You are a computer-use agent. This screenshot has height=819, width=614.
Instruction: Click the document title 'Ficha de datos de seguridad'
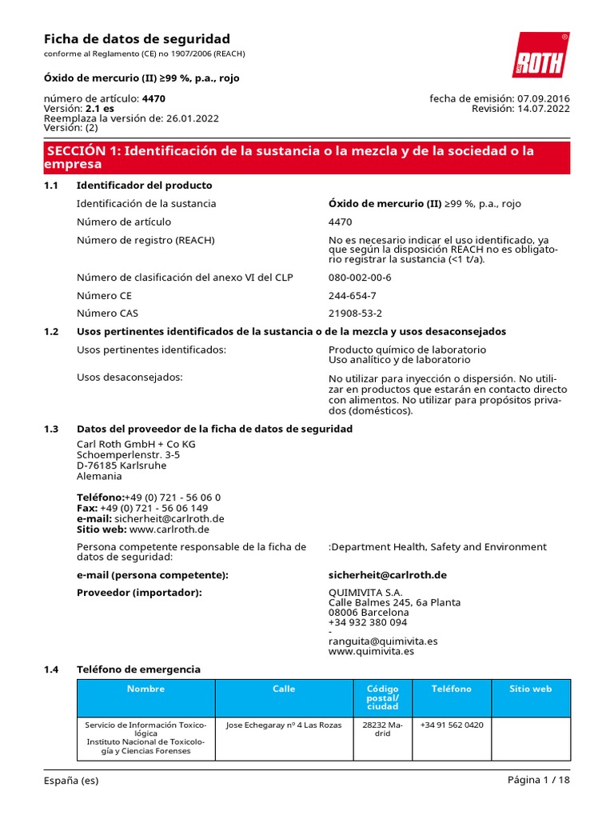[x=137, y=38]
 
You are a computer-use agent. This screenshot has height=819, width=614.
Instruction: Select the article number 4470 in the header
[x=153, y=98]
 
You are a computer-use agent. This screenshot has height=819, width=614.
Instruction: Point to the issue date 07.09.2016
[x=544, y=98]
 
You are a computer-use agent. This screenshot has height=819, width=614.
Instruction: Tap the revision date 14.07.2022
[x=544, y=109]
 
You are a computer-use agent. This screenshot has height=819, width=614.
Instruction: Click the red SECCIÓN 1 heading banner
[x=307, y=158]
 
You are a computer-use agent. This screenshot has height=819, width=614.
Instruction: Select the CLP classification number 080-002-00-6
[x=360, y=278]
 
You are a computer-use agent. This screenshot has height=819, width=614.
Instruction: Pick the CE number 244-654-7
[x=352, y=295]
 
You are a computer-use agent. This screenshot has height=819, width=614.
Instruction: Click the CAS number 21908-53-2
[x=355, y=314]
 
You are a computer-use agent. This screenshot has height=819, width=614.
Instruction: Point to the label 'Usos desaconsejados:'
[x=130, y=376]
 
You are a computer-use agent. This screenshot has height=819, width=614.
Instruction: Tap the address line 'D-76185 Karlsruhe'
[x=122, y=465]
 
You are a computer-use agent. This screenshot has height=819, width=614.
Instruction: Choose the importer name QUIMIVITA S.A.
[x=365, y=592]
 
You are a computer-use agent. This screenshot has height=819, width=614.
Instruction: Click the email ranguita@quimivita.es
[x=383, y=641]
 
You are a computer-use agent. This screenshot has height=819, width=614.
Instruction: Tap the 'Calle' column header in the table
[x=284, y=689]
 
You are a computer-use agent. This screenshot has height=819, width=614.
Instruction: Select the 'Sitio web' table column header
[x=531, y=689]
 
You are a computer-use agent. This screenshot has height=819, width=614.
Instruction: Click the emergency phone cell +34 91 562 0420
[x=451, y=725]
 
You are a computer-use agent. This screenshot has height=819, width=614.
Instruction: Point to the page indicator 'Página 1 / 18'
[x=539, y=780]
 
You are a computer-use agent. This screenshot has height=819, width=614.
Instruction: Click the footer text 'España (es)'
[x=71, y=780]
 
